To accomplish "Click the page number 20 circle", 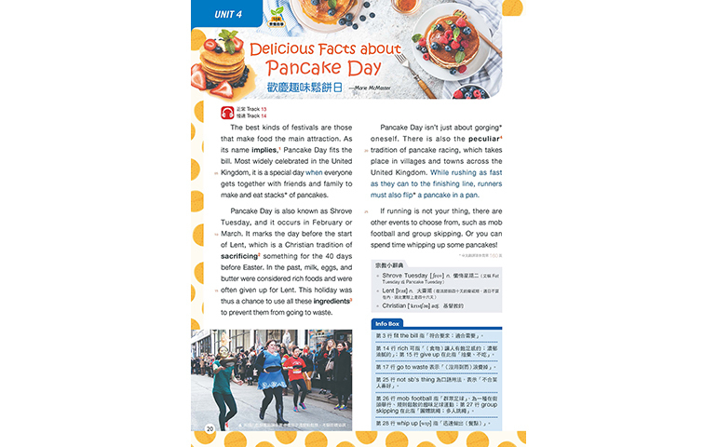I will click(210, 428).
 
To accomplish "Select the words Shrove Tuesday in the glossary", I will click(406, 276).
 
